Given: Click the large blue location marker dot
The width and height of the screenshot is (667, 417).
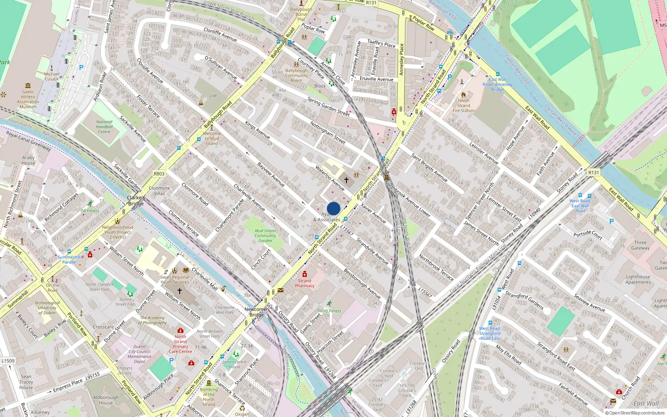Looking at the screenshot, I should tap(333, 208).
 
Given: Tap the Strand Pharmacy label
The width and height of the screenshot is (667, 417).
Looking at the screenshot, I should tap(305, 283).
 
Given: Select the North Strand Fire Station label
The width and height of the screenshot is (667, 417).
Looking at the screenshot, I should tap(464, 106).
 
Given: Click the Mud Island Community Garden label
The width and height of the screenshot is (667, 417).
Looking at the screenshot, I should tap(265, 236).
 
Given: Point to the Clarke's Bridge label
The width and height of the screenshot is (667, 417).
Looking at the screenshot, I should tap(136, 201).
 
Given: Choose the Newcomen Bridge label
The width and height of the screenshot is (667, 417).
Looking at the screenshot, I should tap(257, 312).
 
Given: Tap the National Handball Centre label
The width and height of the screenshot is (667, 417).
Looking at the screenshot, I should tap(104, 127).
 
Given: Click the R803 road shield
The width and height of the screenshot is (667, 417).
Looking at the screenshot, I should tap(159, 174).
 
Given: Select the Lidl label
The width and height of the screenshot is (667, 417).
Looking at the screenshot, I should tap(213, 95).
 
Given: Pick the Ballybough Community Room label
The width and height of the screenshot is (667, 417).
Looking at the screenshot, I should tap(296, 75).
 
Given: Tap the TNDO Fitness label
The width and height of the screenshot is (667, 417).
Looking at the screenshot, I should tap(329, 311).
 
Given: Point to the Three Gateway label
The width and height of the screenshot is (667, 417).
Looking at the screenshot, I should tap(640, 245).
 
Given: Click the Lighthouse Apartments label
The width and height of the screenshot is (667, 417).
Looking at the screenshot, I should tap(638, 279).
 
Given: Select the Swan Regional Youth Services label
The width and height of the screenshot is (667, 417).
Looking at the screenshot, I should tap(175, 279).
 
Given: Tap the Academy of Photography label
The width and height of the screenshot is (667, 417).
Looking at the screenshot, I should tap(153, 320).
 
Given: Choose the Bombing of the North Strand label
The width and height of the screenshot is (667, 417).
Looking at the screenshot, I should tap(209, 397).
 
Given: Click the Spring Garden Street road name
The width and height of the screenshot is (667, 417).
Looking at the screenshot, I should tap(328, 106).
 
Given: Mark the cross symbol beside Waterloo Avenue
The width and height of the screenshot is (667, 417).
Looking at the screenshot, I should tap(346, 180).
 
